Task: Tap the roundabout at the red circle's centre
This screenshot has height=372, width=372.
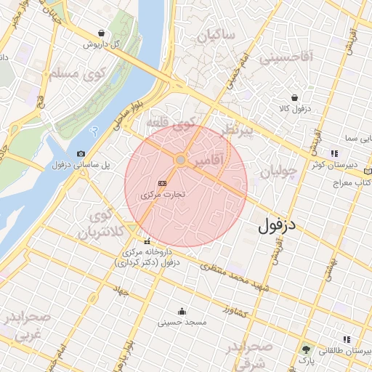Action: click(180, 159)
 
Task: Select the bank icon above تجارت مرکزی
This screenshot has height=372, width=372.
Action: click(162, 184)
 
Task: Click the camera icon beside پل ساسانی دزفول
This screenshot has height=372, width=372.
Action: click(81, 154)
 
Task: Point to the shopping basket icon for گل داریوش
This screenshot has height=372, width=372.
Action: click(102, 33)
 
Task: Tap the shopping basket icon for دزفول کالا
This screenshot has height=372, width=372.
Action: click(294, 97)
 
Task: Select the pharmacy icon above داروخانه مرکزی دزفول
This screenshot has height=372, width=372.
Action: click(147, 242)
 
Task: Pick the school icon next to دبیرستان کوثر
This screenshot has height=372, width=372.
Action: click(334, 153)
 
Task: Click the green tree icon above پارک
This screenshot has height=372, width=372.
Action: click(305, 349)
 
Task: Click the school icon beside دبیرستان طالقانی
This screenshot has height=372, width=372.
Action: click(347, 339)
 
